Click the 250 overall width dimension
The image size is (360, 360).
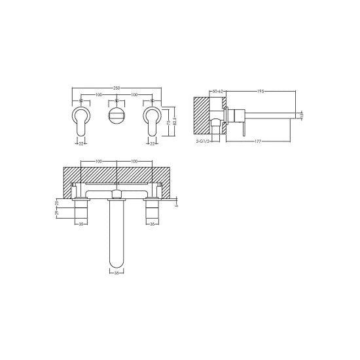pos(117,88)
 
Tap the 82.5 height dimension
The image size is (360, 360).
pos(175,122)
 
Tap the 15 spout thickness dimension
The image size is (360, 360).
pos(302,115)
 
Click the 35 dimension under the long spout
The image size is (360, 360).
pos(117,271)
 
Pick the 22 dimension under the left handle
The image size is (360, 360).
pos(80,141)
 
